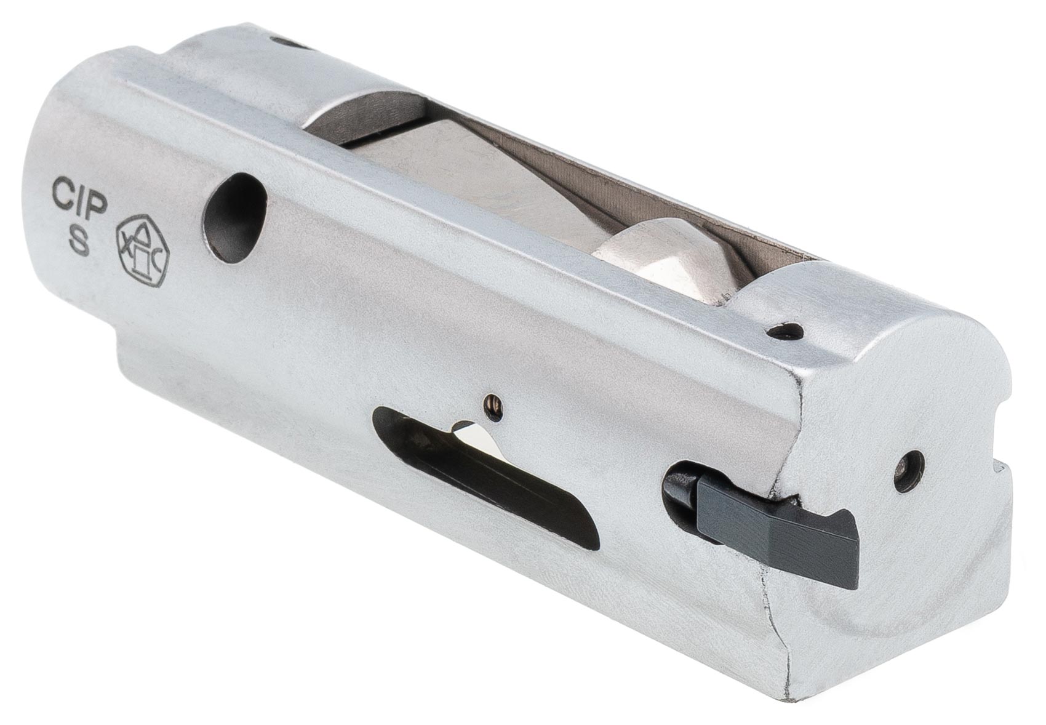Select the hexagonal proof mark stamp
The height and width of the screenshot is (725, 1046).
click(142, 250)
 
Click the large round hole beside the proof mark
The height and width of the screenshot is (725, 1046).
click(234, 218)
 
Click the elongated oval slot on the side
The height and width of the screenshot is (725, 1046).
click(485, 476)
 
